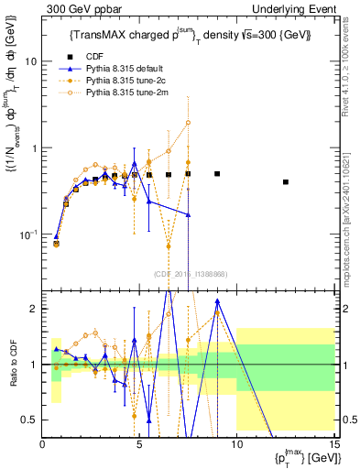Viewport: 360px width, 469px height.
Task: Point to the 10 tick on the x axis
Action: [x=236, y=444]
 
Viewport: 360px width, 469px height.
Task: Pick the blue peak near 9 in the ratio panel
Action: [x=217, y=300]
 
